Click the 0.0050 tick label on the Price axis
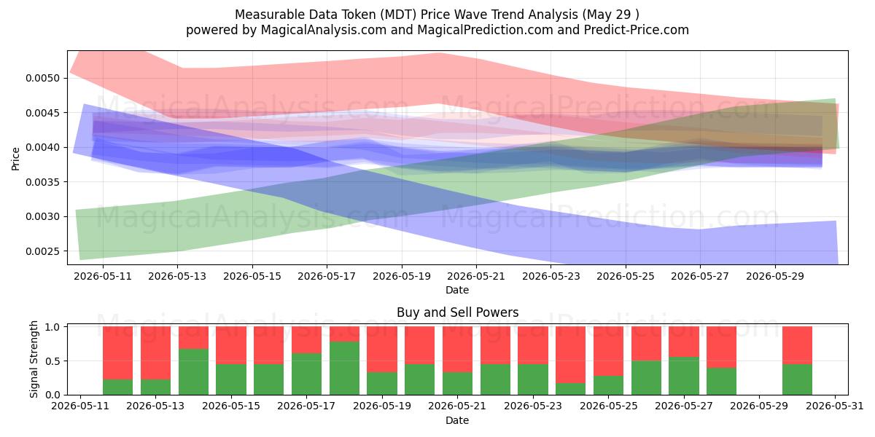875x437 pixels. point(42,78)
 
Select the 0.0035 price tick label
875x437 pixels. point(42,182)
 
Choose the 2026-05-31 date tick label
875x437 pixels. point(835,406)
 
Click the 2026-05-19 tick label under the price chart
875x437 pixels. point(402,276)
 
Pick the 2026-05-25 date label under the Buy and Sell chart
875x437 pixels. point(609,406)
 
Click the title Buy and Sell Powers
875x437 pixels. point(457,312)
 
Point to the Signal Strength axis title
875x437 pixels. point(34,359)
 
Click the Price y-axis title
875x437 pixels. point(15,159)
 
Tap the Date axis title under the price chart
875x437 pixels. point(457,290)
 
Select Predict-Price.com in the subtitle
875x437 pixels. point(637,30)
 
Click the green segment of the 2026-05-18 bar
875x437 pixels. point(344,369)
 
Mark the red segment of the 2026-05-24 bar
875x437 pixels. point(571,355)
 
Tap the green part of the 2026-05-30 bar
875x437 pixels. point(797,379)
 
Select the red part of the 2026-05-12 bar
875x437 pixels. point(117,353)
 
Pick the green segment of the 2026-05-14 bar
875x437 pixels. point(193,372)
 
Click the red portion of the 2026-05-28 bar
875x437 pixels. point(721,347)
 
